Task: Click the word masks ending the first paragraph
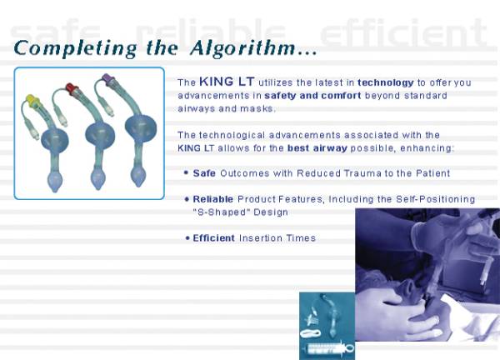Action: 255,109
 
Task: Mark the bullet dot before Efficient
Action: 186,239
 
